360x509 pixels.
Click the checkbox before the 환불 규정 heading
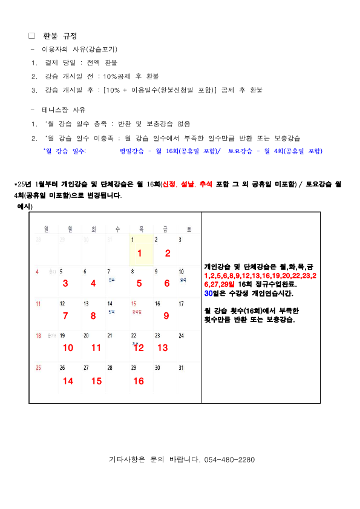pyautogui.click(x=32, y=36)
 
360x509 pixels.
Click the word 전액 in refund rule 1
pyautogui.click(x=94, y=62)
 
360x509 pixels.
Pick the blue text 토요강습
pyautogui.click(x=241, y=151)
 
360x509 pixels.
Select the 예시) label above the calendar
pyautogui.click(x=25, y=206)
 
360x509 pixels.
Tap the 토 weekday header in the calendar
pyautogui.click(x=189, y=229)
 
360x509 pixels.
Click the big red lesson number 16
pyautogui.click(x=139, y=381)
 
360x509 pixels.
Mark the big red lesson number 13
pyautogui.click(x=163, y=348)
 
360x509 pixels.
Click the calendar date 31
pyautogui.click(x=181, y=367)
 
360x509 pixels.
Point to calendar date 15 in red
pyautogui.click(x=134, y=303)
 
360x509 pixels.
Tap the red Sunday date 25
pyautogui.click(x=39, y=367)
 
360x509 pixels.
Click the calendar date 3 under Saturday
pyautogui.click(x=180, y=240)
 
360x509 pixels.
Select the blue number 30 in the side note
pyautogui.click(x=209, y=293)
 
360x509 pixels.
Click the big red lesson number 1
pyautogui.click(x=140, y=253)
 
